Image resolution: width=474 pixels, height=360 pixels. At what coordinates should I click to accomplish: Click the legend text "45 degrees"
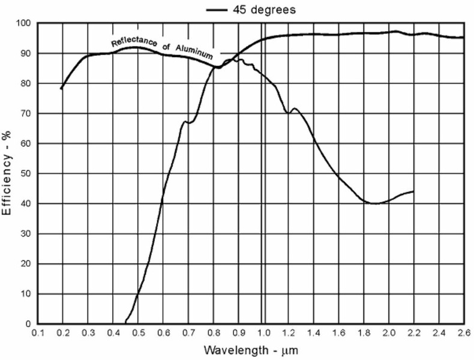click(x=265, y=10)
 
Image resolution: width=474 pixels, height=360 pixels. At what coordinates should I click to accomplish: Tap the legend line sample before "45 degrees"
click(x=217, y=10)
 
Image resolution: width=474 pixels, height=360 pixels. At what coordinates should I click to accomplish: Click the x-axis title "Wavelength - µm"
click(x=251, y=349)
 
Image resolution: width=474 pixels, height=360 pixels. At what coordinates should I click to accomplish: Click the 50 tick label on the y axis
click(x=25, y=173)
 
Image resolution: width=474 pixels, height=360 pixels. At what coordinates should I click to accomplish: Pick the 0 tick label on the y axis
click(x=28, y=324)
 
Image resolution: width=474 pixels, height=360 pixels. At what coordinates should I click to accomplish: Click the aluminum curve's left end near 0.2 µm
click(x=62, y=89)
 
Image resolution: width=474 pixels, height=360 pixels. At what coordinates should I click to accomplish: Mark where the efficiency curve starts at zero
click(x=125, y=323)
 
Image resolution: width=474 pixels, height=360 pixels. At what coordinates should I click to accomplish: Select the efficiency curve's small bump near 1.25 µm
click(x=295, y=109)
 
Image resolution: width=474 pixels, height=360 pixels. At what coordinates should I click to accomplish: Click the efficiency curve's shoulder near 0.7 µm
click(x=187, y=122)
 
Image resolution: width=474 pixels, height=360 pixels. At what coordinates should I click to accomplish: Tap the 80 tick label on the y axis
click(x=25, y=83)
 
